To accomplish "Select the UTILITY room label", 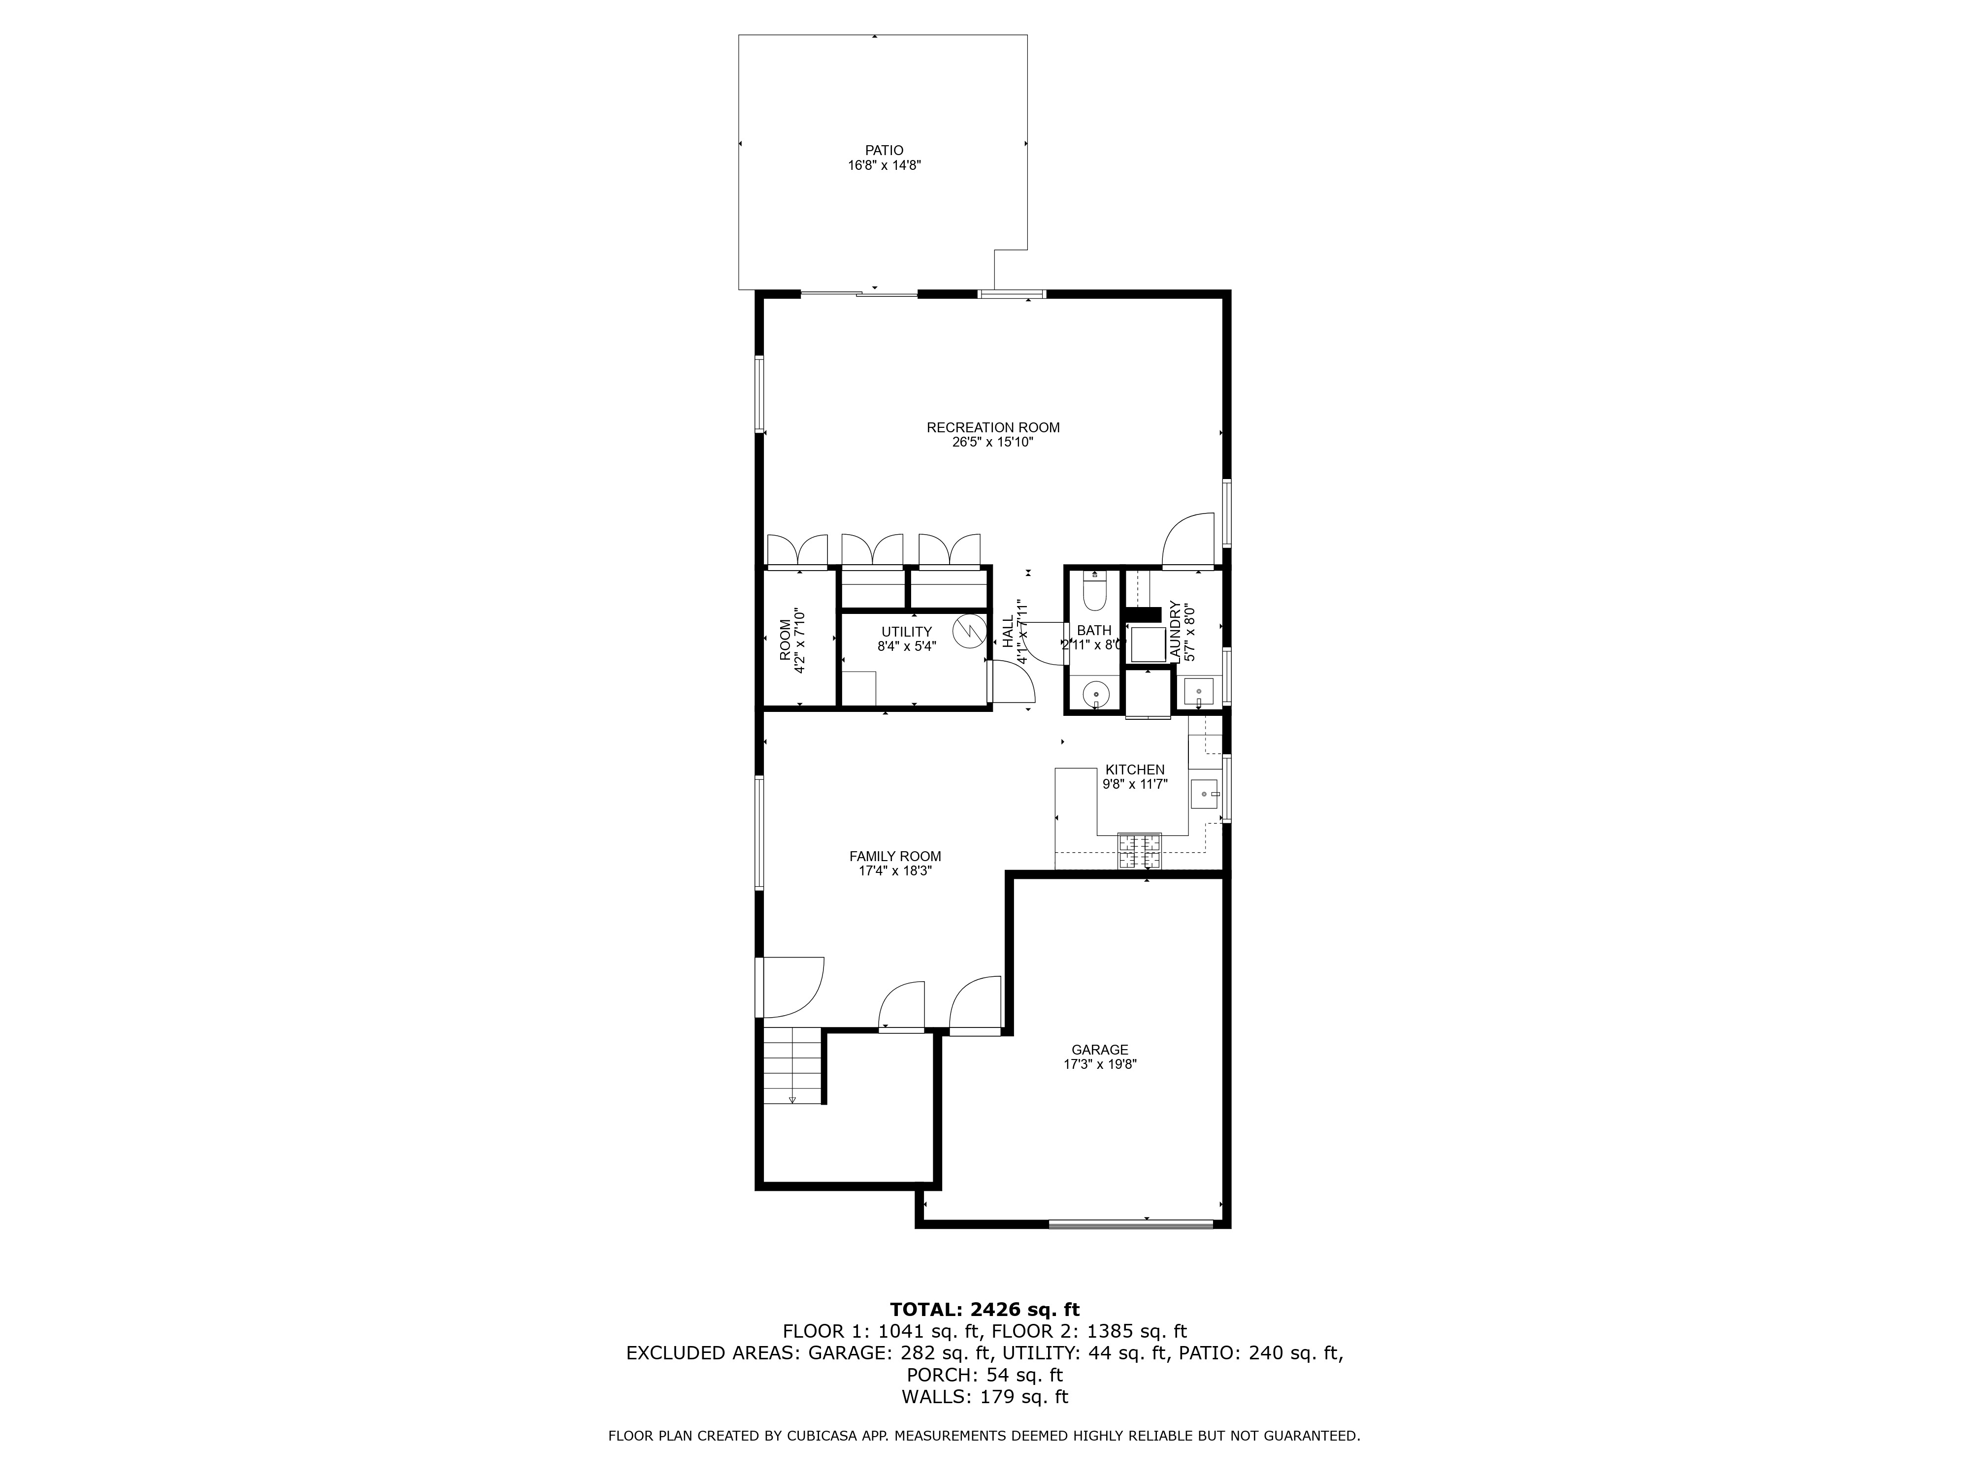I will coord(907,632).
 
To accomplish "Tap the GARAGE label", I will coord(1100,1050).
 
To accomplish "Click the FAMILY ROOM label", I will coord(895,857).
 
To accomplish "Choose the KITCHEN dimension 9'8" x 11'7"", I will coord(1135,784).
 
